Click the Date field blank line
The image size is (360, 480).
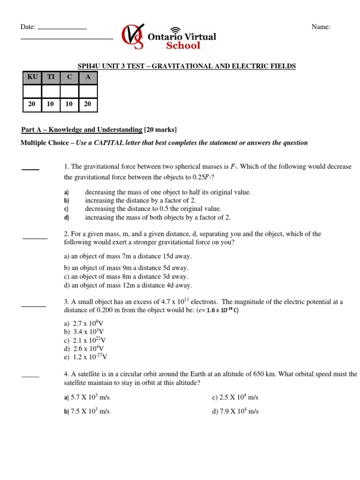(x=62, y=29)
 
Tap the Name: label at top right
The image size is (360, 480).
(x=321, y=27)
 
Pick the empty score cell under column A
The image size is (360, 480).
(x=88, y=91)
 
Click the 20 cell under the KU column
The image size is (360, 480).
(x=32, y=105)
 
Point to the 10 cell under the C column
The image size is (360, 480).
(x=69, y=105)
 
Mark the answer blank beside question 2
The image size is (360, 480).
(x=35, y=238)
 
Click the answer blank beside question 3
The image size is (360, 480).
(x=34, y=306)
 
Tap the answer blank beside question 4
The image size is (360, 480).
(x=30, y=376)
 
